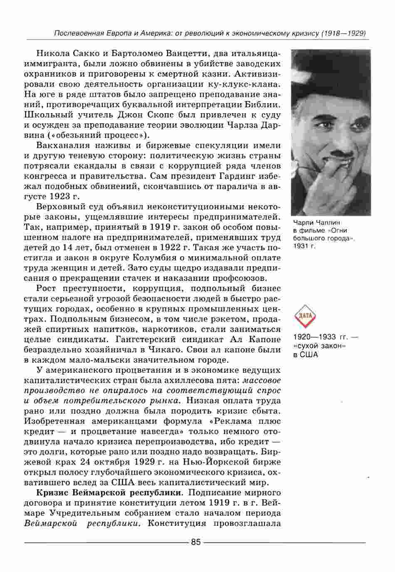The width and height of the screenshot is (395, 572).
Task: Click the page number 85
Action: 195,542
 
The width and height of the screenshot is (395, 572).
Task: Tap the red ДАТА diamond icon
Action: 306,315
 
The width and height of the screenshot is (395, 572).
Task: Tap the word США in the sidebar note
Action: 308,354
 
